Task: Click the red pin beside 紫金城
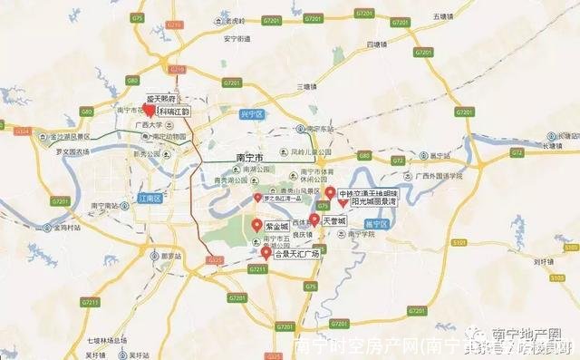(x=257, y=224)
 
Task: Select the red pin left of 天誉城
(x=314, y=219)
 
